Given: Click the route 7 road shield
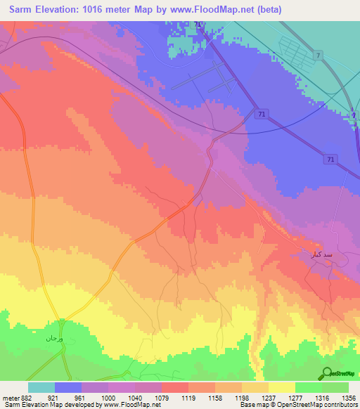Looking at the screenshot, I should [x=319, y=56].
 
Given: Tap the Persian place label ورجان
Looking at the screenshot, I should [x=55, y=339].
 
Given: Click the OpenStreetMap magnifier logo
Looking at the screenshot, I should [x=326, y=372].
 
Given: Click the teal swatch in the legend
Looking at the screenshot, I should [x=41, y=387].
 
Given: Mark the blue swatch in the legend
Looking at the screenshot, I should [x=68, y=387].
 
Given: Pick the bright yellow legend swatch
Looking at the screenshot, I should [x=281, y=387].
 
